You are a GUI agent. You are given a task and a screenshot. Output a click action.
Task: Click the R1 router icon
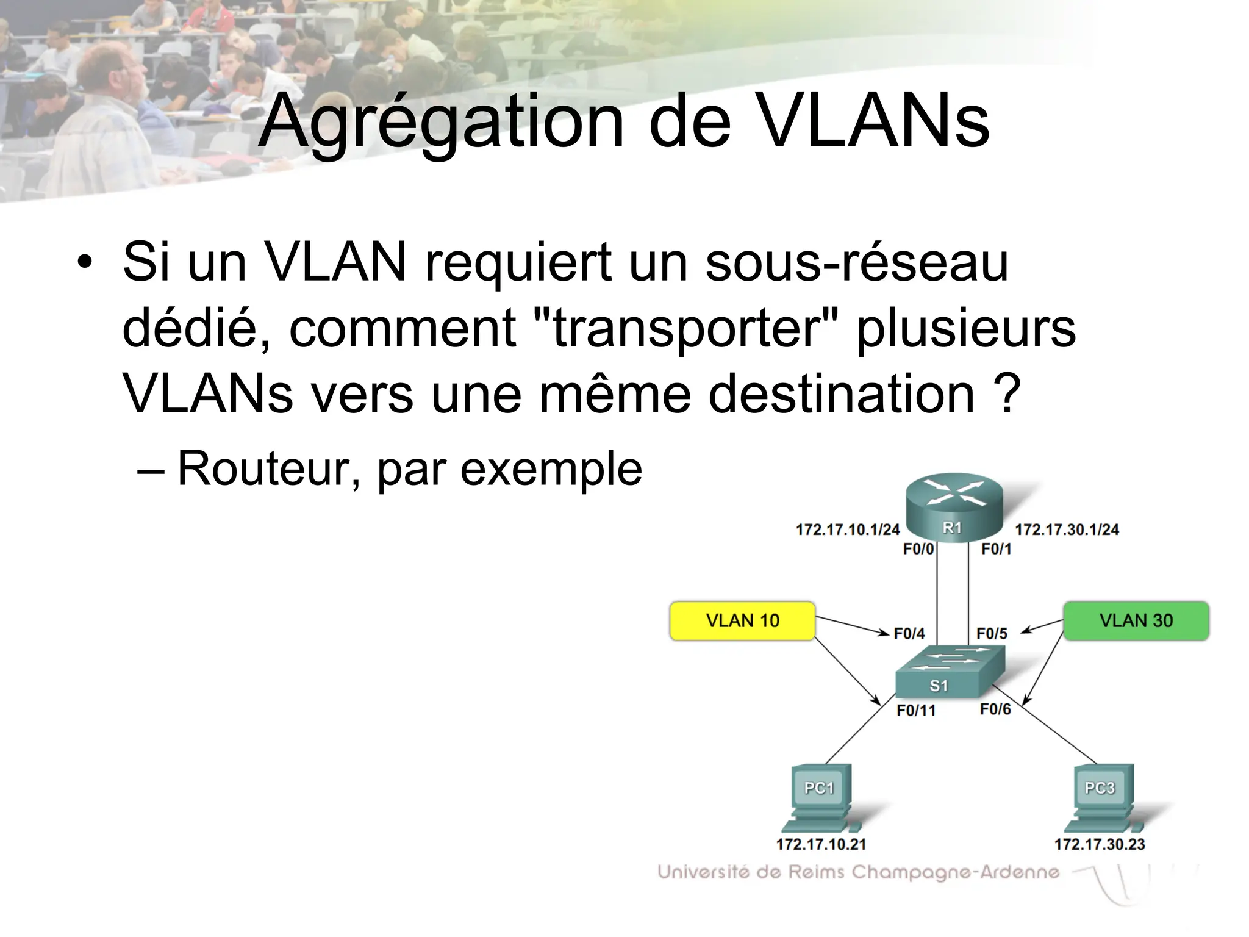(x=954, y=506)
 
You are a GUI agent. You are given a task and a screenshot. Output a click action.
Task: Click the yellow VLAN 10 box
(x=742, y=620)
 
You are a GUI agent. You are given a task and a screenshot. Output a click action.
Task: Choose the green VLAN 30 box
(x=1136, y=620)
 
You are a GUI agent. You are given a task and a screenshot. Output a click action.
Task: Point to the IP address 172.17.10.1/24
(x=847, y=530)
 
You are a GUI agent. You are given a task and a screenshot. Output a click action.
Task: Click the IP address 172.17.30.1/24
(x=1067, y=530)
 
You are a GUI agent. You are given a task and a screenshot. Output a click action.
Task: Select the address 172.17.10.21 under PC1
(x=821, y=844)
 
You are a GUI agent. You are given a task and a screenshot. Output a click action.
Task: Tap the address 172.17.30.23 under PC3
(x=1100, y=844)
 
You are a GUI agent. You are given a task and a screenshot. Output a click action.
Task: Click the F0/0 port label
(x=918, y=549)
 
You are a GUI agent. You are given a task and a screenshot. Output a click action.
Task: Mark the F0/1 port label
(x=996, y=549)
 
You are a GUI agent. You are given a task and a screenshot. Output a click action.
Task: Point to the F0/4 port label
(x=909, y=634)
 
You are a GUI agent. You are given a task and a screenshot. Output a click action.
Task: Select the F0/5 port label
(x=992, y=634)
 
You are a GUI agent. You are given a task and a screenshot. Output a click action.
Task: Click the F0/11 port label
(x=916, y=711)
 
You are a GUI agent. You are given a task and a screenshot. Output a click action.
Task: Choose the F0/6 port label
(x=995, y=709)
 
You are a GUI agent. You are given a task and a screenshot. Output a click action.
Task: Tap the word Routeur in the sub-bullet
(x=263, y=468)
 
